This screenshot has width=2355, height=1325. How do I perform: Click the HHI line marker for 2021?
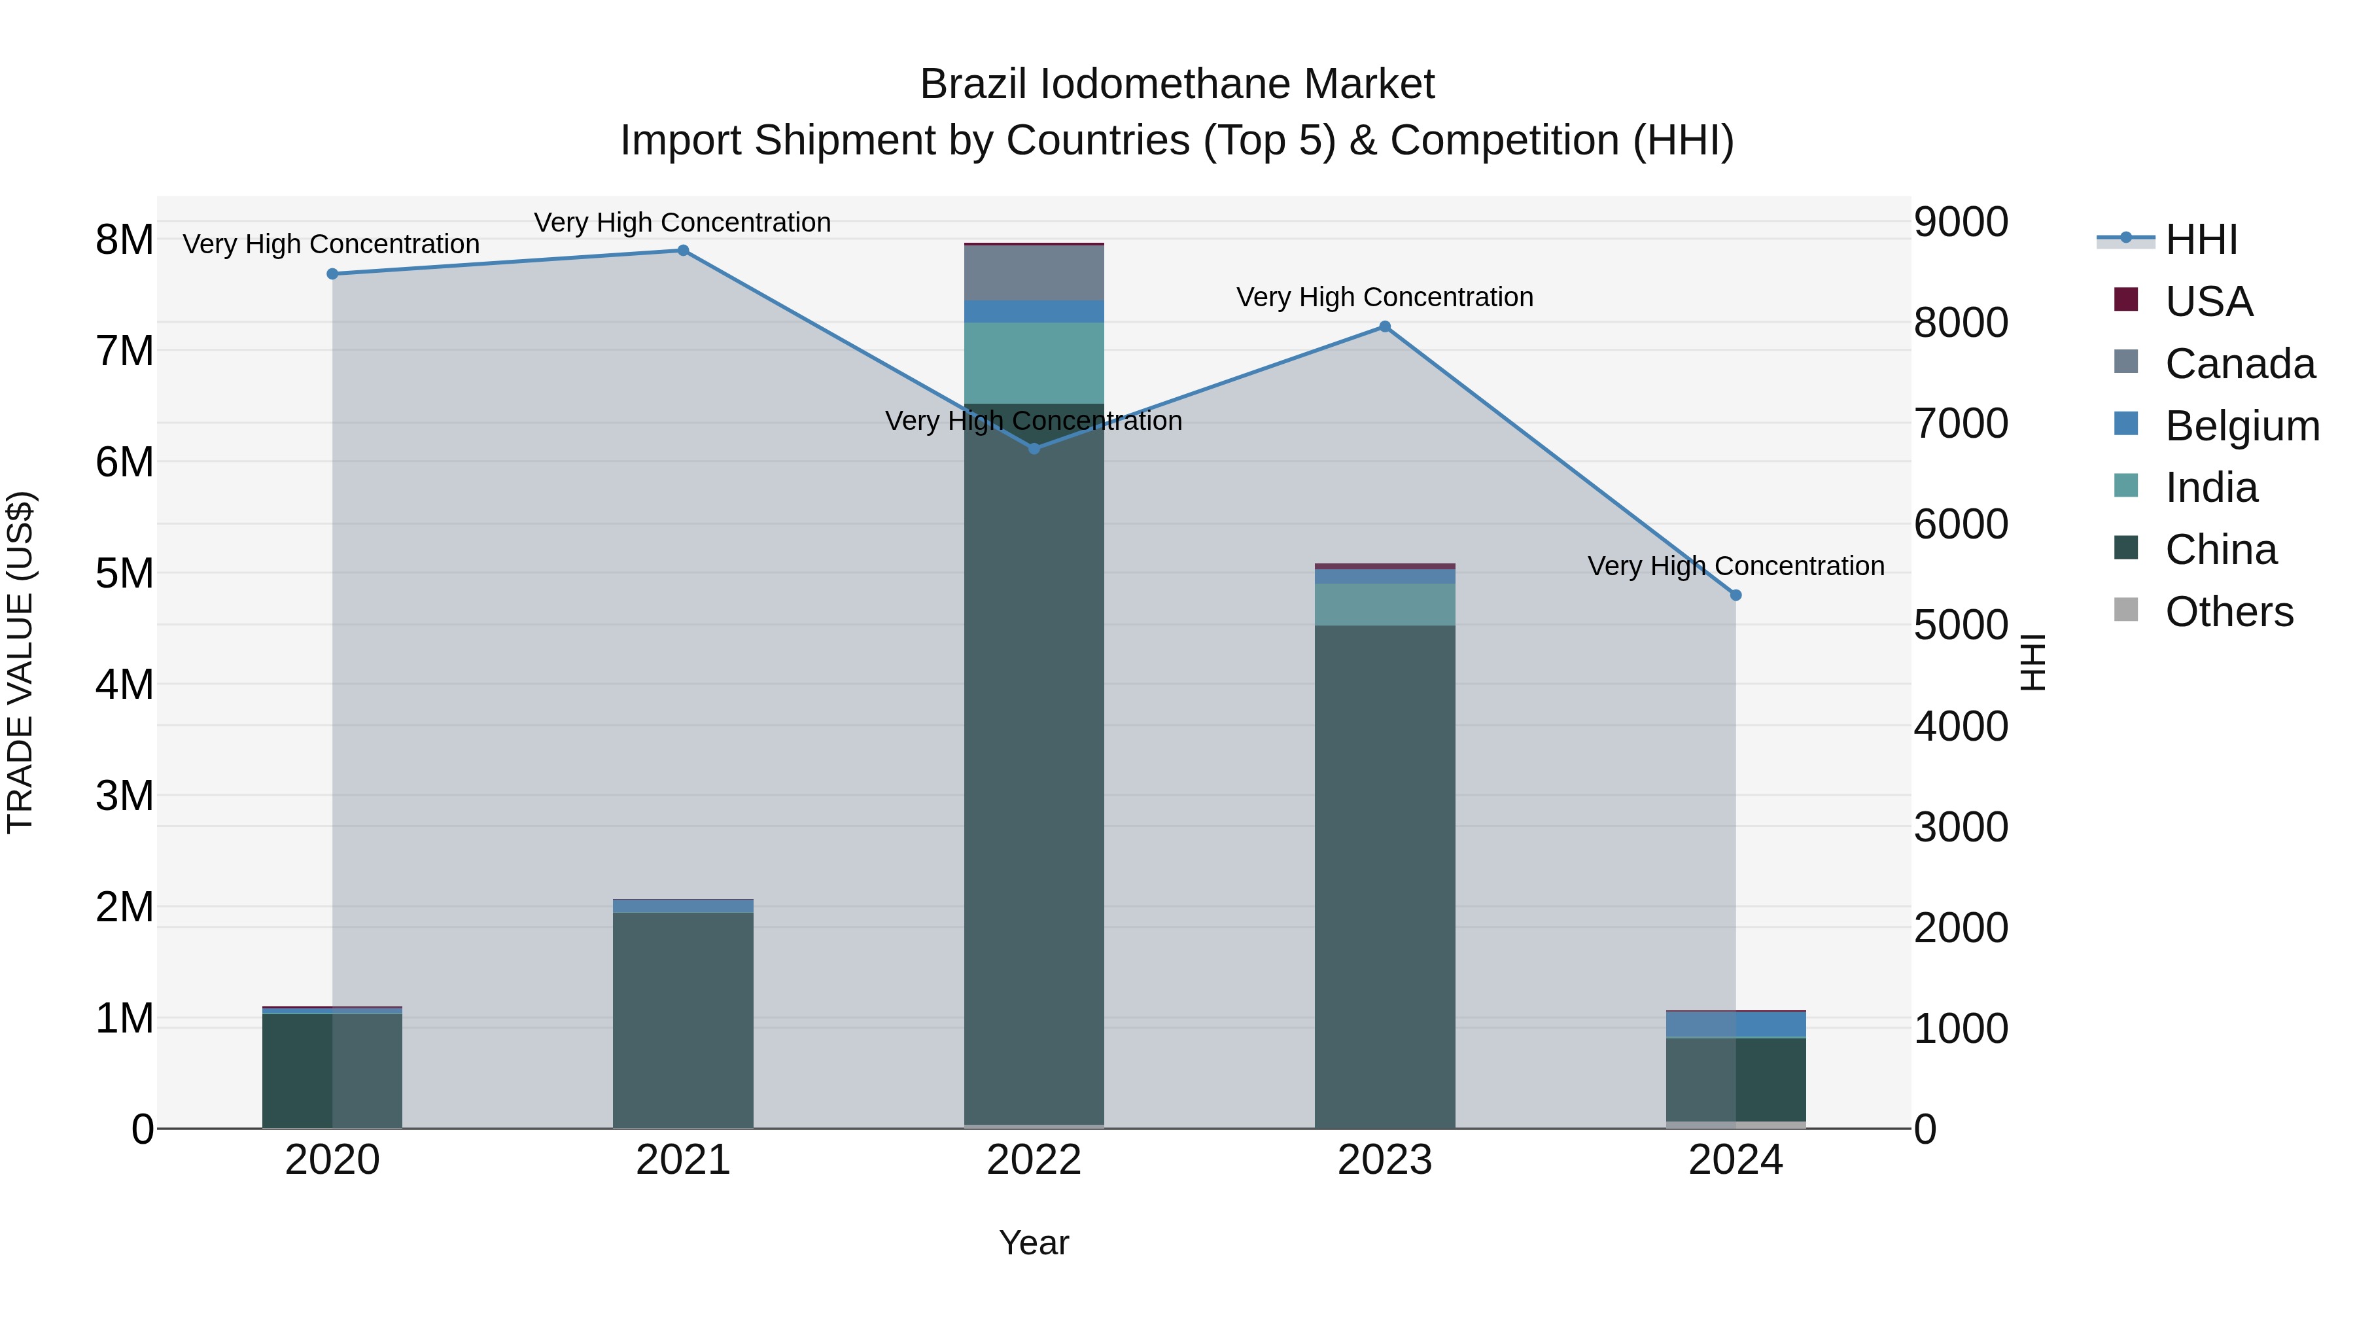pyautogui.click(x=683, y=251)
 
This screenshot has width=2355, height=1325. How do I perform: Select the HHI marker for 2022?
pyautogui.click(x=1034, y=449)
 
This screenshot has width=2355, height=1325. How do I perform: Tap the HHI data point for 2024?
pyautogui.click(x=1736, y=595)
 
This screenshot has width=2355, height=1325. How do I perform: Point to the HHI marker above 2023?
pyautogui.click(x=1385, y=327)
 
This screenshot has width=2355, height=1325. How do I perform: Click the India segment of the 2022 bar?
pyautogui.click(x=1034, y=363)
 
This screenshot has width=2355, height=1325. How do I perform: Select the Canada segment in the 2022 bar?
pyautogui.click(x=1034, y=272)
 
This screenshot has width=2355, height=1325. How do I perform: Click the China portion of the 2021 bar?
pyautogui.click(x=683, y=1019)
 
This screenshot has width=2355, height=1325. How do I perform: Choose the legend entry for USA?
pyautogui.click(x=2208, y=302)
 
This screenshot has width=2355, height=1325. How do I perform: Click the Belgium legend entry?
pyautogui.click(x=2241, y=426)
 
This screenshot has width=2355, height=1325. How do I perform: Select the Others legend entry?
pyautogui.click(x=2228, y=612)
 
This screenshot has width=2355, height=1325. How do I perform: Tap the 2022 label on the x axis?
pyautogui.click(x=1034, y=1160)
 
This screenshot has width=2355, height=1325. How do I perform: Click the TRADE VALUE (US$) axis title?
pyautogui.click(x=21, y=663)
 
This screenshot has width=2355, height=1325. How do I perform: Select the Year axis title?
pyautogui.click(x=1034, y=1243)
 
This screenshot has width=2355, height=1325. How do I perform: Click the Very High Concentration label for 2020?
pyautogui.click(x=331, y=244)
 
